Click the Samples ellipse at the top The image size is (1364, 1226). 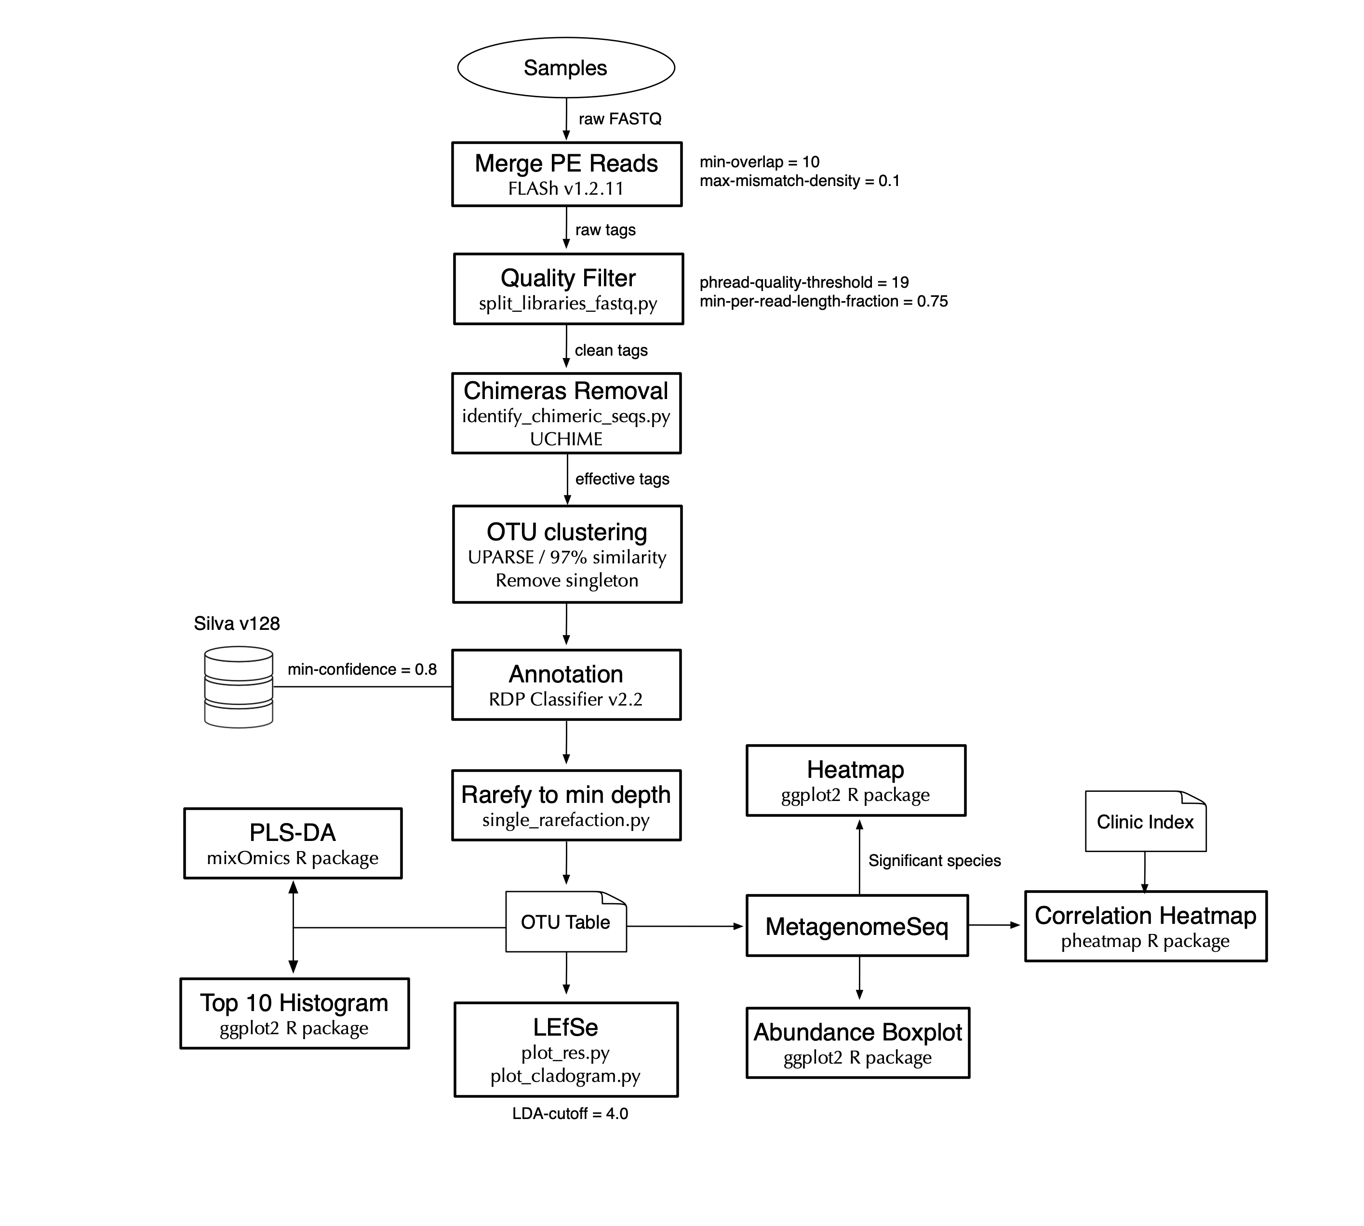pyautogui.click(x=566, y=67)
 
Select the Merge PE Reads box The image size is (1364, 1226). pyautogui.click(x=566, y=174)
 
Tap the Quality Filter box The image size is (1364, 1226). pyautogui.click(x=569, y=289)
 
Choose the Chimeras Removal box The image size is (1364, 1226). pyautogui.click(x=566, y=413)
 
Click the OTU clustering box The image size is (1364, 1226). pyautogui.click(x=567, y=554)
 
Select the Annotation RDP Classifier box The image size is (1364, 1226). pyautogui.click(x=566, y=684)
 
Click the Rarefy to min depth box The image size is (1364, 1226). pyautogui.click(x=566, y=805)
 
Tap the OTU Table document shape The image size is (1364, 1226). pyautogui.click(x=566, y=921)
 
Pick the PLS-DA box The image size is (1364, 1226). pyautogui.click(x=293, y=843)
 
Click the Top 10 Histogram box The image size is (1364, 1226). pyautogui.click(x=294, y=1013)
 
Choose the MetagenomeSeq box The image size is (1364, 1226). pyautogui.click(x=857, y=926)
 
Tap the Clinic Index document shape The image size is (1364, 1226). pyautogui.click(x=1146, y=821)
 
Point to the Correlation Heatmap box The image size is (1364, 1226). pyautogui.click(x=1146, y=926)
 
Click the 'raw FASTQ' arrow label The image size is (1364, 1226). pyautogui.click(x=620, y=119)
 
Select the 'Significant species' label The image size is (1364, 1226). pyautogui.click(x=934, y=860)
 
